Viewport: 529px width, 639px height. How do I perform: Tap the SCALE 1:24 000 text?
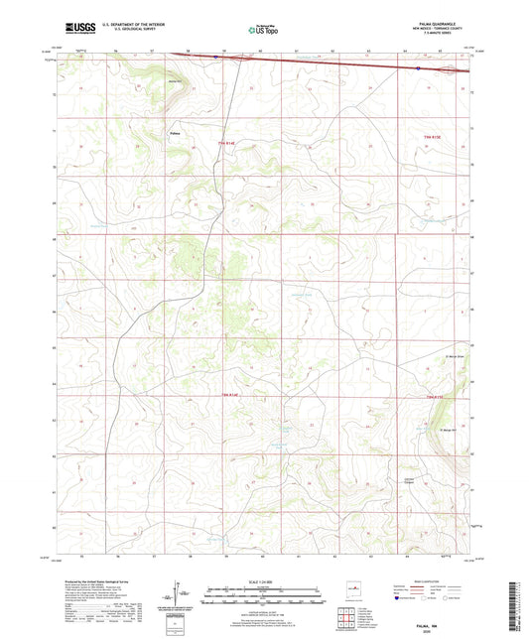coord(264,581)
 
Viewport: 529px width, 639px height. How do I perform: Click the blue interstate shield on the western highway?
coord(216,57)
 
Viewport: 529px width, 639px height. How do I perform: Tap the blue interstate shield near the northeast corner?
coord(418,68)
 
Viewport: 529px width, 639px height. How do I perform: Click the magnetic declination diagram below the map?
coord(187,597)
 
